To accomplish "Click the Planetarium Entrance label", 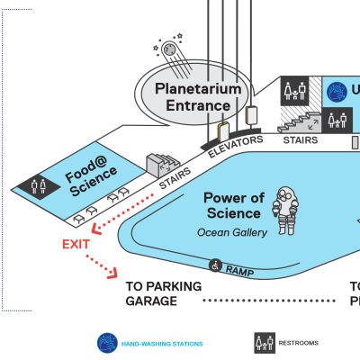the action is point(198,97).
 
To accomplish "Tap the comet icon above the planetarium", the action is point(173,56).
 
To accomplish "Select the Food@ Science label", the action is point(91,176).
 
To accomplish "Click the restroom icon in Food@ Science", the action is point(39,186).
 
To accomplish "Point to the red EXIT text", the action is point(76,245).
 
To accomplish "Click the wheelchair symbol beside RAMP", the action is point(215,265).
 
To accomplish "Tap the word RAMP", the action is point(239,271).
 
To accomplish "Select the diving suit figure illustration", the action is point(285,211).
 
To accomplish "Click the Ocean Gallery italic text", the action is point(232,232).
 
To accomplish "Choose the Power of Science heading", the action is point(234,205).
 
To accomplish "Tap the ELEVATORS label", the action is point(236,146).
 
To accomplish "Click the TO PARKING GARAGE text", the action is point(164,293).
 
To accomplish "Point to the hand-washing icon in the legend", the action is point(107,343).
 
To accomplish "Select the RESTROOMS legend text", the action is point(299,343).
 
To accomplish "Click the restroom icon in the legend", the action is point(265,343).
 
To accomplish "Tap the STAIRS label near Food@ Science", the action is point(175,178).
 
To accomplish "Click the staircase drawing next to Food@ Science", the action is point(163,166).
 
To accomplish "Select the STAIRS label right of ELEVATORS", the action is point(301,140).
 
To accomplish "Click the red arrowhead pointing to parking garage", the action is point(113,274).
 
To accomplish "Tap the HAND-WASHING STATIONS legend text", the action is point(162,344).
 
